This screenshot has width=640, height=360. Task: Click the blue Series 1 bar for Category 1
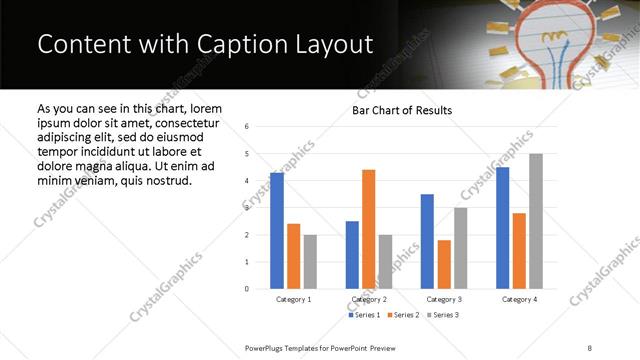coord(277,231)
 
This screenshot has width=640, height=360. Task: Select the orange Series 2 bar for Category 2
coord(368,229)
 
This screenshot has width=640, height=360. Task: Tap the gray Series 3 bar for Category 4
coord(536,221)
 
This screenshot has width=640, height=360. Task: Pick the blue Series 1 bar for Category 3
coord(427,241)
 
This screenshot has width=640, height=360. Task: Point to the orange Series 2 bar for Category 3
coord(444,264)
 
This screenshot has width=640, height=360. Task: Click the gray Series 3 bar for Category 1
coord(310,262)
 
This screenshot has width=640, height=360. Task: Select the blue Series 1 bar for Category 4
coord(502,228)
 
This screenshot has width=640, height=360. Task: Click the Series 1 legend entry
coord(364,315)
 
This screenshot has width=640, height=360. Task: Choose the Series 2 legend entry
coord(402,315)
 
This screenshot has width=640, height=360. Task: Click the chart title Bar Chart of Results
coord(402,110)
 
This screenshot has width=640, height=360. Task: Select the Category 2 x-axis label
coord(368,299)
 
